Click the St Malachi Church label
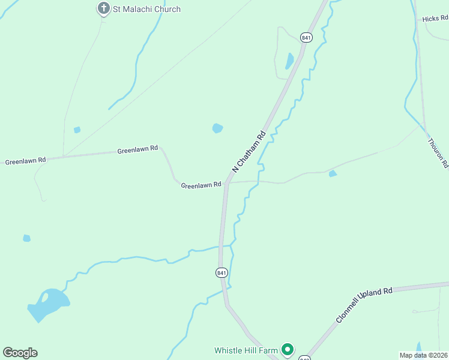click(147, 9)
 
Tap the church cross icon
click(103, 8)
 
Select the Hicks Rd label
click(435, 19)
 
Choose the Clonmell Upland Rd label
click(364, 305)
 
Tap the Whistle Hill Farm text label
click(247, 350)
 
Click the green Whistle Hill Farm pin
click(288, 349)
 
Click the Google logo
click(20, 353)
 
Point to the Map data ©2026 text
click(423, 355)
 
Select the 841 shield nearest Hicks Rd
click(307, 37)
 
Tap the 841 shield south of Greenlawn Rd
click(221, 272)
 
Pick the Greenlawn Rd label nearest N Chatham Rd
click(201, 185)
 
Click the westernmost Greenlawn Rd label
click(25, 161)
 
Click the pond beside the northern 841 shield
click(290, 61)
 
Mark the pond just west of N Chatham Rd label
click(217, 128)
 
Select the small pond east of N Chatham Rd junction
click(333, 174)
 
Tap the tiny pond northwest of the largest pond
click(26, 238)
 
